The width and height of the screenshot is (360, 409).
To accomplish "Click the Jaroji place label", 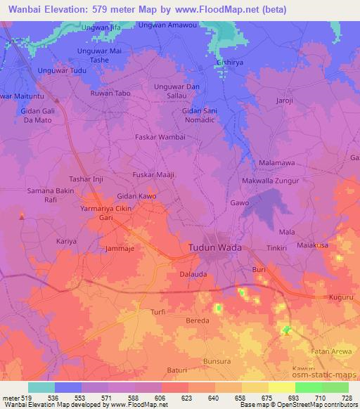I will point(285,100).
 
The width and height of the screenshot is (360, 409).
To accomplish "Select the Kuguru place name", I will point(341,297).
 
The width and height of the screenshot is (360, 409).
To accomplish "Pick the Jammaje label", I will point(118,248).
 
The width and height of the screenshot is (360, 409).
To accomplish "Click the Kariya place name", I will point(66,240).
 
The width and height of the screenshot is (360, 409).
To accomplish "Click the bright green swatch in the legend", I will point(308,387).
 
